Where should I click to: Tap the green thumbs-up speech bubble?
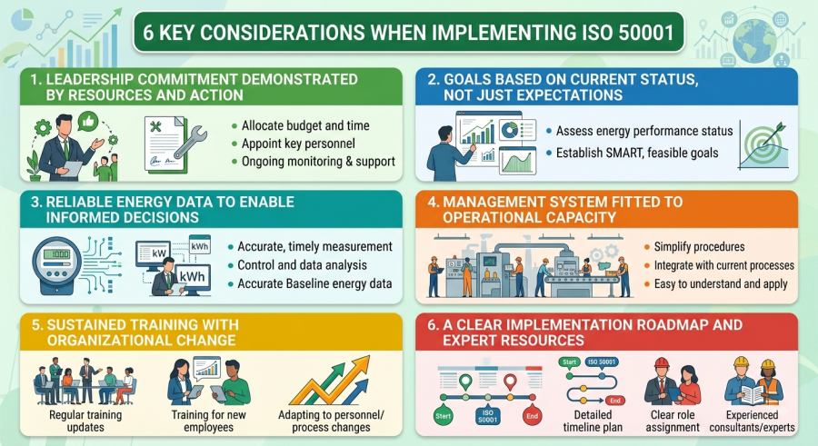87,122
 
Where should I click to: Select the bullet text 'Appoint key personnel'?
298,144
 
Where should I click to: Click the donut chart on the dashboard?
509,129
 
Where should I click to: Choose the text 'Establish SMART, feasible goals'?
637,153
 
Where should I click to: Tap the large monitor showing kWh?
192,276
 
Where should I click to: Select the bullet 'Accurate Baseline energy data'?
314,283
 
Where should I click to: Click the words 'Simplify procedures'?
699,247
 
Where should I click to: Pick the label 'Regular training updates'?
85,421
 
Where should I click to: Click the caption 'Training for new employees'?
209,421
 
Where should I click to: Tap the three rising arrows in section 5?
330,381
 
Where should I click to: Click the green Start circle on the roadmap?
443,416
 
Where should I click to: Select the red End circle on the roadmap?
532,416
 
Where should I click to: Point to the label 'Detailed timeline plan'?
593,421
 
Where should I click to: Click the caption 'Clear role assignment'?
673,421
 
